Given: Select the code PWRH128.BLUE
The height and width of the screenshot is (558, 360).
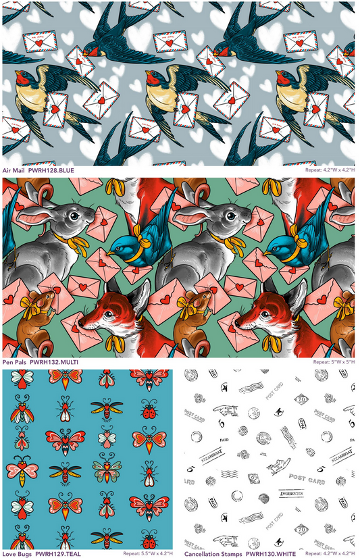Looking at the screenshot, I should point(51,172).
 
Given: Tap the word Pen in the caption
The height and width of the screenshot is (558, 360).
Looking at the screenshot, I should point(8,362).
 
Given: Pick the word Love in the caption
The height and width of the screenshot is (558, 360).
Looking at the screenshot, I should point(9,553).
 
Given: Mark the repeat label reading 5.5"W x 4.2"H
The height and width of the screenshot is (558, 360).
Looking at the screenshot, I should point(147,553).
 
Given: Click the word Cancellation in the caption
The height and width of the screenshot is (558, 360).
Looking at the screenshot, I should point(202,553).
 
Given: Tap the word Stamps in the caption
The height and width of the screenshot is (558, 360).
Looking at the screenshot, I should point(234,553).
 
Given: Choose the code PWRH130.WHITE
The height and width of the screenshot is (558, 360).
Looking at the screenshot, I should point(271,553).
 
